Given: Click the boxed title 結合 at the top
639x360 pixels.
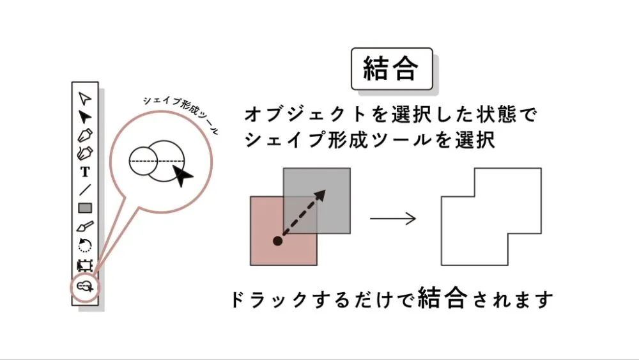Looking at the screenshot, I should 390,69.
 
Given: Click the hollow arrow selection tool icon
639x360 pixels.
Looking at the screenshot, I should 85,98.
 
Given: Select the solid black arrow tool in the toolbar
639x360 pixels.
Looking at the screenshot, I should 85,116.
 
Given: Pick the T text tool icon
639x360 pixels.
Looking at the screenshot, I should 85,171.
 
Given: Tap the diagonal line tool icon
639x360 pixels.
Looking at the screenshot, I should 85,189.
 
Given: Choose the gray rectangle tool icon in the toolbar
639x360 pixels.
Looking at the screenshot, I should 85,208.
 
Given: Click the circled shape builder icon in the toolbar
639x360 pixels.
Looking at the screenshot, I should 85,286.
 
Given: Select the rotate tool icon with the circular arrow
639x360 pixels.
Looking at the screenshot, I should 85,245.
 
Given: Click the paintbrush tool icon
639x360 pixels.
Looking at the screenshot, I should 85,226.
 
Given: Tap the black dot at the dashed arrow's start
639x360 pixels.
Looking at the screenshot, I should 277,241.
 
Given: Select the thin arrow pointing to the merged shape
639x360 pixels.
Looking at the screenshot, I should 393,219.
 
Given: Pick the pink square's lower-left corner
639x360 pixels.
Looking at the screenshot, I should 252,263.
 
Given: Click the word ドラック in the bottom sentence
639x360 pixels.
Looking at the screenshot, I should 259,300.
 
